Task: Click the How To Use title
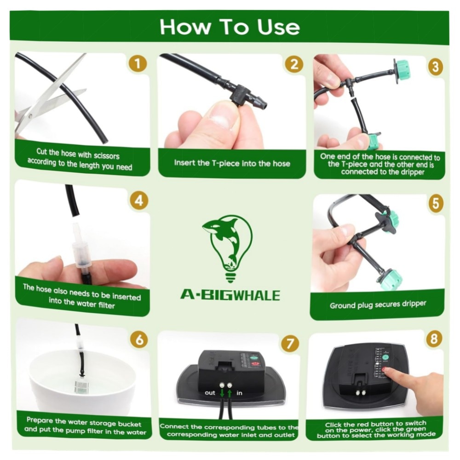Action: [x=230, y=27]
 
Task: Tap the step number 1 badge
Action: [x=138, y=63]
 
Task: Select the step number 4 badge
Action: [x=139, y=201]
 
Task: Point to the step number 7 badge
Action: [x=290, y=344]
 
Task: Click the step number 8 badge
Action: [x=434, y=339]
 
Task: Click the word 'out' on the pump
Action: [x=210, y=393]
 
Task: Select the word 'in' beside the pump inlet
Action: [x=239, y=393]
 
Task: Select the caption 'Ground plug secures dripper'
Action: [x=378, y=305]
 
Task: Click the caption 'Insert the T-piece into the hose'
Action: [x=232, y=163]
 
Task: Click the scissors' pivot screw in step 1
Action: [x=30, y=116]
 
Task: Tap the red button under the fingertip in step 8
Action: [x=385, y=370]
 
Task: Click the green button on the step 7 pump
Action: [x=254, y=358]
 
